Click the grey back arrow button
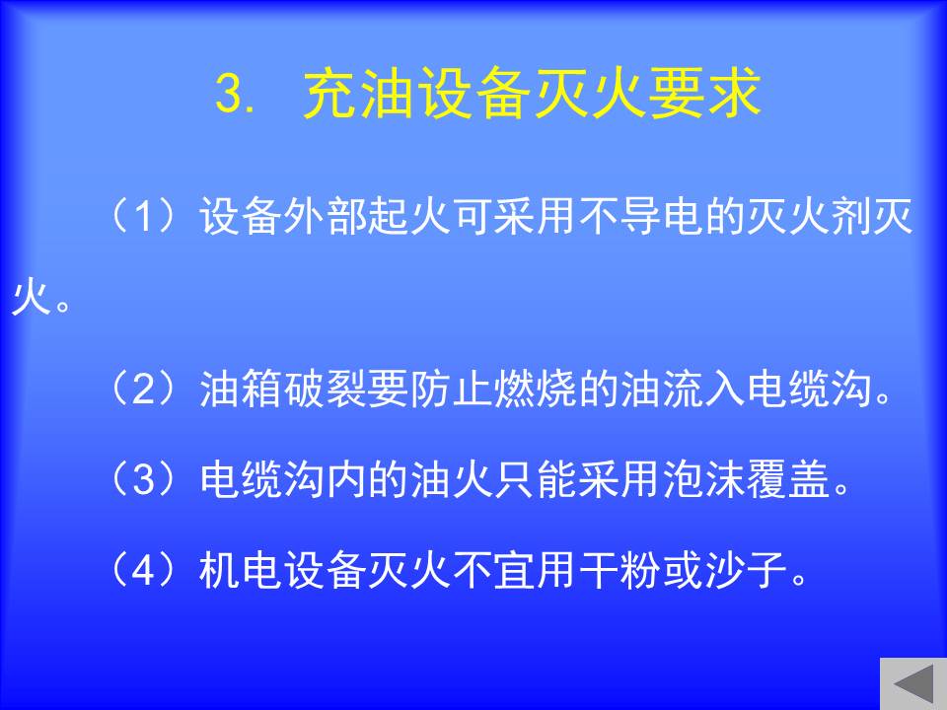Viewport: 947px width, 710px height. (x=913, y=684)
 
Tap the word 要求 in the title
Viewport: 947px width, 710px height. (x=704, y=94)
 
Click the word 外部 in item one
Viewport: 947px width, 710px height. (x=326, y=216)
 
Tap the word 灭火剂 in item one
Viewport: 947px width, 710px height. (x=808, y=216)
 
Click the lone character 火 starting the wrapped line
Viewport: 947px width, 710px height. (x=32, y=297)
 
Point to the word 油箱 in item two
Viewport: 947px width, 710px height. (x=241, y=390)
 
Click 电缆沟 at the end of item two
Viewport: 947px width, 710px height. (x=810, y=390)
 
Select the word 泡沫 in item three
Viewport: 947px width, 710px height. (x=704, y=479)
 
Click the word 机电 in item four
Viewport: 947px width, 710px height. (x=241, y=569)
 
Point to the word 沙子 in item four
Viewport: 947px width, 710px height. (x=746, y=569)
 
